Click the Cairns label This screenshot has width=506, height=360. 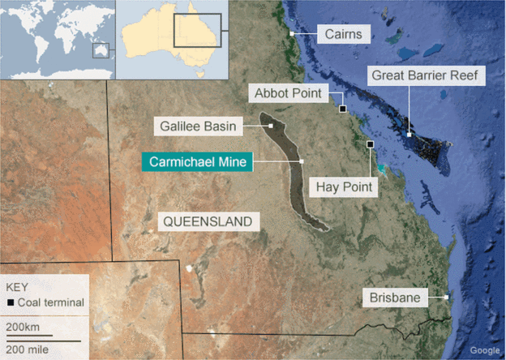(342, 34)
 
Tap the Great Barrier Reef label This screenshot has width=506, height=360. (427, 76)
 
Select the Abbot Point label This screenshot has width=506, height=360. (289, 94)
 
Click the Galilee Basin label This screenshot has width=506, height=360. (193, 126)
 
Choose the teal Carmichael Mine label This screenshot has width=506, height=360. (198, 161)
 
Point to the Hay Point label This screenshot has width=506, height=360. (344, 187)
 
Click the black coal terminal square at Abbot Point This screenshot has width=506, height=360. (343, 109)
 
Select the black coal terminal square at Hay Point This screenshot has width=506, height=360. (370, 144)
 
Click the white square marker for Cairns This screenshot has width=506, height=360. (292, 33)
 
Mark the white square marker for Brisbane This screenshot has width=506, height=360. (446, 298)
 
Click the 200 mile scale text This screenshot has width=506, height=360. (27, 346)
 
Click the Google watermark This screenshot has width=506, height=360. (485, 350)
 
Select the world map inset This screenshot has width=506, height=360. (58, 39)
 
